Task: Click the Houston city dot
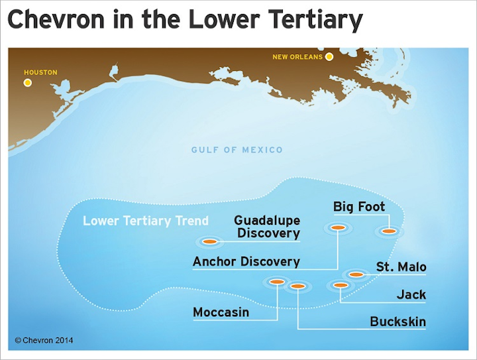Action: point(27,83)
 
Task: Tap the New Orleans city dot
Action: point(329,57)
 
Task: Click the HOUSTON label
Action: point(40,72)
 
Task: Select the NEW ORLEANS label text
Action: point(297,57)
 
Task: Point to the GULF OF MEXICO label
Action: point(237,150)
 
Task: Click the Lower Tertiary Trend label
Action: point(146,221)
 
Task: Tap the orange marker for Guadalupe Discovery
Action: point(210,241)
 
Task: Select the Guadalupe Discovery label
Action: point(268,227)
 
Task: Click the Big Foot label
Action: point(359,207)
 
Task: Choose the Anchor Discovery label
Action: point(246,261)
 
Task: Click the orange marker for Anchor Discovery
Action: point(337,228)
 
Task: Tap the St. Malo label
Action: point(401,267)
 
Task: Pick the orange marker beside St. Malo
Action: point(356,274)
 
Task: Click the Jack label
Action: point(411,294)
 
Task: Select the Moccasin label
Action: point(221,312)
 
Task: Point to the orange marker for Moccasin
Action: point(277,282)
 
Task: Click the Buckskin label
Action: point(397,322)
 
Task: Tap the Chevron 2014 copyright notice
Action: point(44,341)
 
